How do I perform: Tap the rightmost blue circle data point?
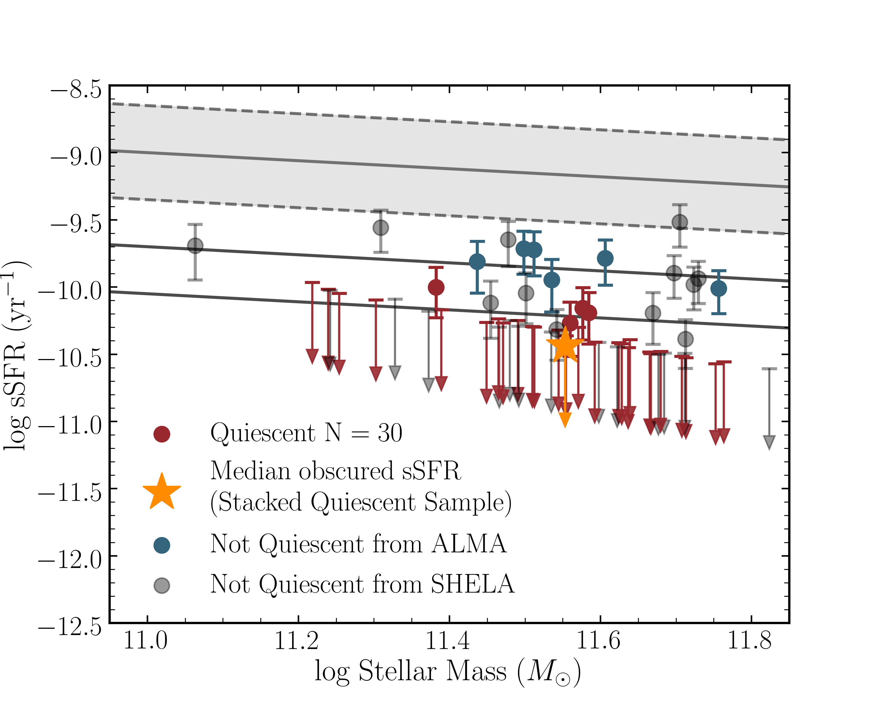(719, 289)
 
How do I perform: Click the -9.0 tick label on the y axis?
(76, 157)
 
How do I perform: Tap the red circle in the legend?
(162, 434)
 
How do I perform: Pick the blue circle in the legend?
(162, 545)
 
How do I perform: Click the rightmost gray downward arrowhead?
(769, 443)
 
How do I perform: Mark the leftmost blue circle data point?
(477, 262)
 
